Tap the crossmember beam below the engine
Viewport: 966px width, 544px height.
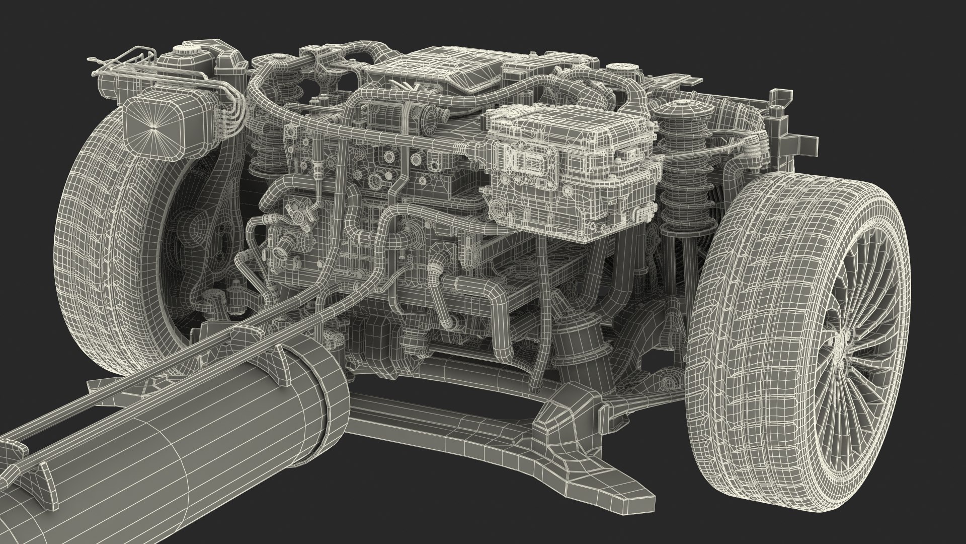[453, 418]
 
